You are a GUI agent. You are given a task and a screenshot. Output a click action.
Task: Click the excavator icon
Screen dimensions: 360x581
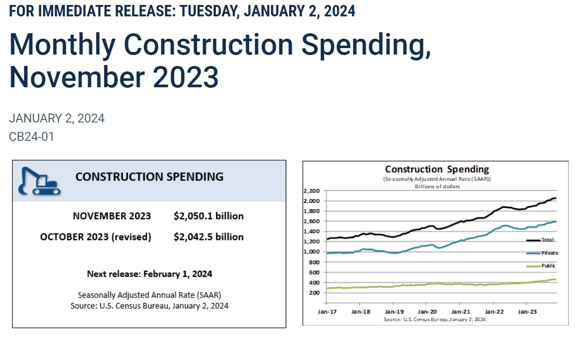coord(39,181)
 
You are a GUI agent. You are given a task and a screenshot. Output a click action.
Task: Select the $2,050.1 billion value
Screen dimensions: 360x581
coord(208,216)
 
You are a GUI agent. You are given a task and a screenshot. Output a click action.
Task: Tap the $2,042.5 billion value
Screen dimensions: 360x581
coord(208,237)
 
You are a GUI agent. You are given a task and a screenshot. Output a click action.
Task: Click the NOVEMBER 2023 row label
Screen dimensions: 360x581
coord(112,216)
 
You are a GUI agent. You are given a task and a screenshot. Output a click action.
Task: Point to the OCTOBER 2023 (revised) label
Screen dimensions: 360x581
coord(95,237)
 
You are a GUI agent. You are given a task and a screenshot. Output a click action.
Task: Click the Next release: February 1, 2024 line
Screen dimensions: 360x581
coord(149,274)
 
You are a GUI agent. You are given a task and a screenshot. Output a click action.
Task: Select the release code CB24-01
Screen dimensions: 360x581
coord(31,136)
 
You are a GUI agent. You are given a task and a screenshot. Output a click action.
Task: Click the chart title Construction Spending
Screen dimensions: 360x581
coord(437,169)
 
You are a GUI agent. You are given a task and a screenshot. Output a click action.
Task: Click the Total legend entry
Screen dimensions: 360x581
coord(547,240)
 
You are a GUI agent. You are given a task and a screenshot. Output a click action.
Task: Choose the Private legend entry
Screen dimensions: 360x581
coord(549,253)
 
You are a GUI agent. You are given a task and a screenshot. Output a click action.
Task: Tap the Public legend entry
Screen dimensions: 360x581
coord(548,266)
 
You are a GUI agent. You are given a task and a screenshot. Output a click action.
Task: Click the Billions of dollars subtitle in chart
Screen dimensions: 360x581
coord(437,186)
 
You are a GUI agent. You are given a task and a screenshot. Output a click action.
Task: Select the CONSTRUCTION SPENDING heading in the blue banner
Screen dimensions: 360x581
coord(149,177)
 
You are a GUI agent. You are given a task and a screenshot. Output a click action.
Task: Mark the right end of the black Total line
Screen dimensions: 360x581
coord(555,198)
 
